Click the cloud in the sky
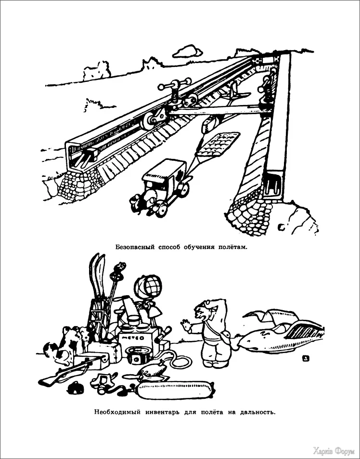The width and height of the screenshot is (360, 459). pyautogui.click(x=187, y=52)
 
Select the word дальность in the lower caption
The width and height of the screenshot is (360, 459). pyautogui.click(x=257, y=412)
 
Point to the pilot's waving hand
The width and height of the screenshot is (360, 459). pyautogui.click(x=186, y=326)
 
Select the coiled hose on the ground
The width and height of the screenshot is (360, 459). pyautogui.click(x=179, y=361)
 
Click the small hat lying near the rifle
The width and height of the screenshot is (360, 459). pyautogui.click(x=76, y=387)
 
